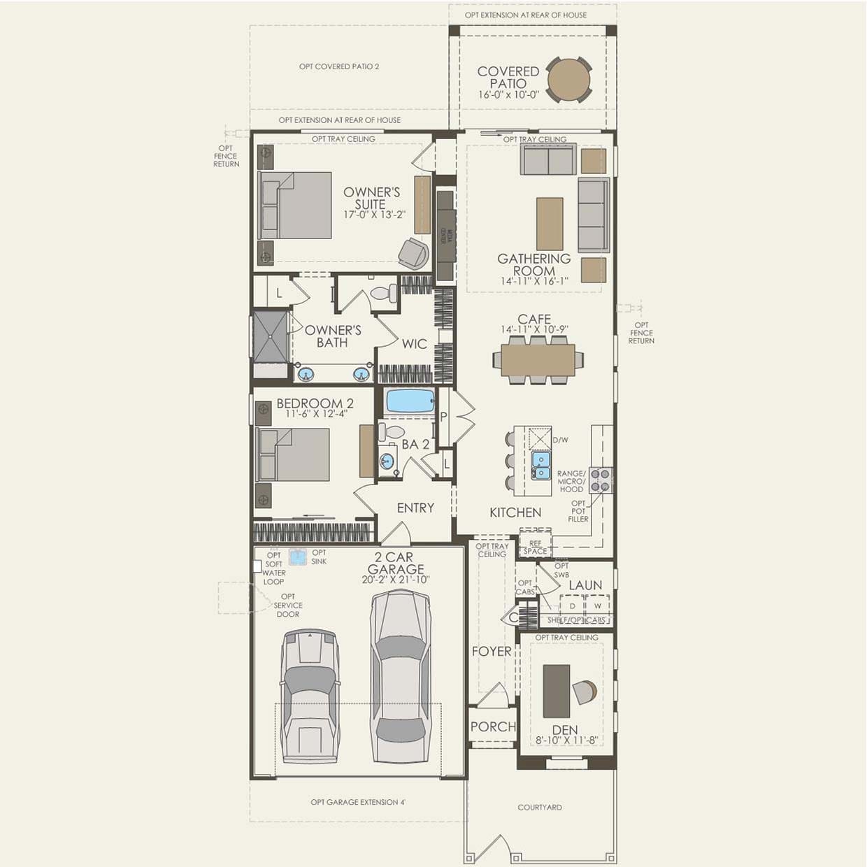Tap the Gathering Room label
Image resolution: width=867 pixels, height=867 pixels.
[534, 264]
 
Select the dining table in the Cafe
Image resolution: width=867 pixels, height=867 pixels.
[538, 360]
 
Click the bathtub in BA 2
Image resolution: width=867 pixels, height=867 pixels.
[410, 401]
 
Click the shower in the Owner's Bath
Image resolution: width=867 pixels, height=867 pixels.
[270, 337]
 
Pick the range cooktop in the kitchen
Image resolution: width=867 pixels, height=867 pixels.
[601, 480]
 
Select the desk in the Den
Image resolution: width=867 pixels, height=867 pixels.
[557, 691]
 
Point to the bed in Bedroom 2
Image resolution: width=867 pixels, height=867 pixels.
[294, 454]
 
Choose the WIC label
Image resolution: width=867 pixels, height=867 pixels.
[414, 344]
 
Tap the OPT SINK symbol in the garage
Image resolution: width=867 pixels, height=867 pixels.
[299, 557]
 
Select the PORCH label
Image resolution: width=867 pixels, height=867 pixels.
[493, 727]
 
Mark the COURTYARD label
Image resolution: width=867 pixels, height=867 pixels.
[540, 807]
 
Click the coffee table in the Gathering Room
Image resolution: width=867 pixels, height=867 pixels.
[550, 224]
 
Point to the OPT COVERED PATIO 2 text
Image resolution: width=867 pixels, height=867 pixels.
[339, 66]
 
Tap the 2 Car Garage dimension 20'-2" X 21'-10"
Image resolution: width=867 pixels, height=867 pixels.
[396, 580]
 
